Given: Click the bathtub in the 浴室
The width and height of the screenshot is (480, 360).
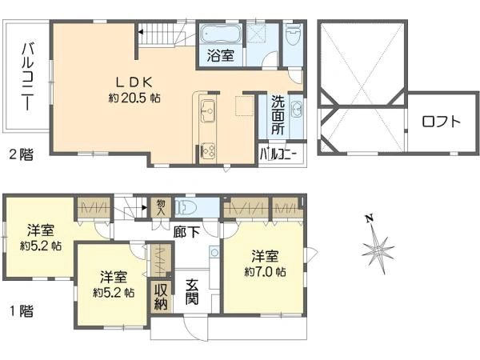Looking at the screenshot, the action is [221, 34].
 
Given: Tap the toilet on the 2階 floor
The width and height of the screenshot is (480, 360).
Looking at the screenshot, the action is [293, 35].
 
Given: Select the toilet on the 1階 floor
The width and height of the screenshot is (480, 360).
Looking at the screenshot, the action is [185, 207].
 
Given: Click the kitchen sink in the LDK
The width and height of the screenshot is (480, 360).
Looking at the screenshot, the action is [207, 110].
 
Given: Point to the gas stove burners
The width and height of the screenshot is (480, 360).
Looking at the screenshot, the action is [208, 151].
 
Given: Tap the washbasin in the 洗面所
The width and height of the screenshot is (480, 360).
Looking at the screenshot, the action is [296, 108].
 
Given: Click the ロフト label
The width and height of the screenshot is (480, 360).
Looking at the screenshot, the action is [441, 122].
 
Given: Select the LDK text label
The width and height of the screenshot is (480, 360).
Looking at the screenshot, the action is [134, 82].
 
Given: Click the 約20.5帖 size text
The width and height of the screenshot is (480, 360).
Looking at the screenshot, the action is [134, 98].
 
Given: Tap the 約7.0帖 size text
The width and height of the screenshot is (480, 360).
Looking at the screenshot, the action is [265, 271].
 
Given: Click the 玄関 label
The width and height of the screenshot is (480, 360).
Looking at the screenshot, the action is [192, 291].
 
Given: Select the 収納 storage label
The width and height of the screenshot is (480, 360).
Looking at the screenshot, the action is [161, 296].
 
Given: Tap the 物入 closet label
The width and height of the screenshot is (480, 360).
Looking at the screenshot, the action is [160, 207].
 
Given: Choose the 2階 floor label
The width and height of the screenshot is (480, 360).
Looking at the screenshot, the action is [21, 154].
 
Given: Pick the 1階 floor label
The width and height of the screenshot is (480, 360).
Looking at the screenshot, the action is [22, 311].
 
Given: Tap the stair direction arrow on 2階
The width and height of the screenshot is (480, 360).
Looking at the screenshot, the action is [140, 31].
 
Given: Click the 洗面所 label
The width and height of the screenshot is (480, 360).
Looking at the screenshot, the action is [278, 114].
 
